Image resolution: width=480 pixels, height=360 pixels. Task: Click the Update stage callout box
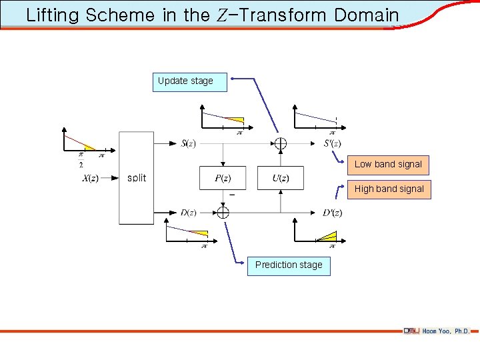tap(189, 81)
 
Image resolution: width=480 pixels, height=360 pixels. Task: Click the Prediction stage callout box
tap(288, 265)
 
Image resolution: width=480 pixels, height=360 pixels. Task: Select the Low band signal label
tap(388, 164)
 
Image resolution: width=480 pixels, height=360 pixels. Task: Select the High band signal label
tap(389, 189)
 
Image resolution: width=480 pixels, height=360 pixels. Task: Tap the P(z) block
tap(223, 178)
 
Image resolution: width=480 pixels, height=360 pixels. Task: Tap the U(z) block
tap(280, 178)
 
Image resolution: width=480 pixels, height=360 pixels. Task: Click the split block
tap(136, 178)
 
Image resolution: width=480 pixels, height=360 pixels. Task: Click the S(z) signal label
tap(188, 143)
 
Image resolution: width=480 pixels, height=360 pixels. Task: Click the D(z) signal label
tap(188, 213)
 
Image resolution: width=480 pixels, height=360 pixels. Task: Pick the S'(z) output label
tap(333, 143)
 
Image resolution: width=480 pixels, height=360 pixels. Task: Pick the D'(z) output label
tap(333, 213)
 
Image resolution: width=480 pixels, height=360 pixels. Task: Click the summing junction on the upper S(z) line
tap(280, 143)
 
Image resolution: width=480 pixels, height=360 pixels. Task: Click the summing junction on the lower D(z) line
tap(223, 213)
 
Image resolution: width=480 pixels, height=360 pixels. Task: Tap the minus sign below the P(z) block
tap(231, 195)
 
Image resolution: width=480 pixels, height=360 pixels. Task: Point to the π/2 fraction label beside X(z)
tap(81, 161)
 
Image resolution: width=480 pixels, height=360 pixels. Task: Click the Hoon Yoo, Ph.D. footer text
tap(446, 331)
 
